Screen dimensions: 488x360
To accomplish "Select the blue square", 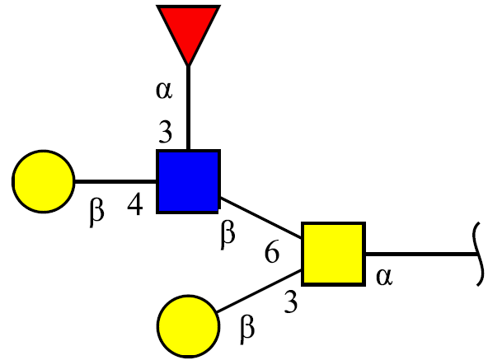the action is tap(188, 181).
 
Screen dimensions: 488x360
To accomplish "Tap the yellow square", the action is tap(333, 254).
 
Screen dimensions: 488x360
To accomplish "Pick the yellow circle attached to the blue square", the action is tap(43, 181).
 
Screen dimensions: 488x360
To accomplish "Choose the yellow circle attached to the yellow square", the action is tap(188, 326).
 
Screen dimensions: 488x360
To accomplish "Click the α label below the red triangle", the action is tap(164, 91).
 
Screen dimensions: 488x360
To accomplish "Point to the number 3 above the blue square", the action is tap(165, 132).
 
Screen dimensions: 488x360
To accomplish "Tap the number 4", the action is tap(135, 204).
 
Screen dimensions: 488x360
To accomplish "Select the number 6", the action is tap(272, 251).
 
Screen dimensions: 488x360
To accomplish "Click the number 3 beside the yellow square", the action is tap(291, 302).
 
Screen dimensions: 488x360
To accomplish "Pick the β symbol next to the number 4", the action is tap(96, 213).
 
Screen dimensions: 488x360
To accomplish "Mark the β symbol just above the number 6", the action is tap(228, 234).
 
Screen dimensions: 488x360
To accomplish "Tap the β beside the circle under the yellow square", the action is tap(247, 330).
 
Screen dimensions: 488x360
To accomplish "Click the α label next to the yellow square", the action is tap(384, 278).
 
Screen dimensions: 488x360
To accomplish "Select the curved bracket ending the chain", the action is tap(479, 254).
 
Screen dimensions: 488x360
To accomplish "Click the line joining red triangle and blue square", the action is tap(188, 108).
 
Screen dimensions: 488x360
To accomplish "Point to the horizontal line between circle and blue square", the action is tap(115, 181).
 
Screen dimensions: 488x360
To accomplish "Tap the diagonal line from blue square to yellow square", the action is tap(260, 217).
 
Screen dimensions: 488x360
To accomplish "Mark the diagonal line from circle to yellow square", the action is tap(259, 291).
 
